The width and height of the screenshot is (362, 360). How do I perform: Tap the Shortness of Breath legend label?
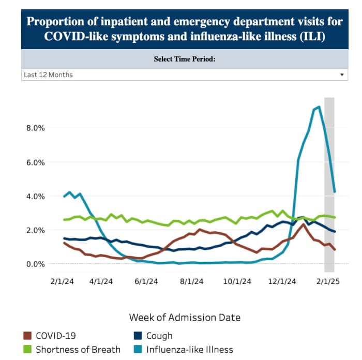(78, 350)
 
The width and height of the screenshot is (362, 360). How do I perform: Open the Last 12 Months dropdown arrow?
(342, 75)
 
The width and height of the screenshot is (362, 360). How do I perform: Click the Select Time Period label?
(184, 59)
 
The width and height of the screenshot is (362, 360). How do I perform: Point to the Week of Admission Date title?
(185, 317)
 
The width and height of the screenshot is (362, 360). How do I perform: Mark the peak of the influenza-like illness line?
(319, 107)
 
